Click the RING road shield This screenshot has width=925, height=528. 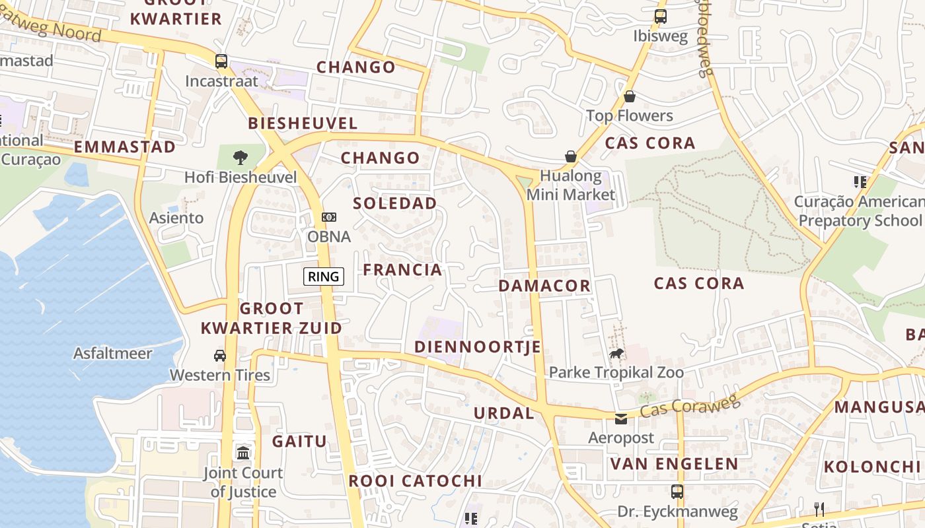click(x=324, y=277)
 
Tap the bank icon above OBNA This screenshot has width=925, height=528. click(x=328, y=217)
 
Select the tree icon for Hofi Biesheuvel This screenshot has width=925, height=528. click(x=240, y=157)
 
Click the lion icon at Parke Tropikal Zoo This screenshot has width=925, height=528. click(x=616, y=354)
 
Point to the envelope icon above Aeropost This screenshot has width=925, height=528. click(x=621, y=418)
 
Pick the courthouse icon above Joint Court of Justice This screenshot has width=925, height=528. click(x=243, y=453)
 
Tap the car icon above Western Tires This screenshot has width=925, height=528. click(x=220, y=356)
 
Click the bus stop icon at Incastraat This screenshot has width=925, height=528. click(x=221, y=61)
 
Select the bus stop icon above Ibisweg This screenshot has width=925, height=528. click(x=660, y=16)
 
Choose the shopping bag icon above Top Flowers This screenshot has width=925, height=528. click(x=630, y=97)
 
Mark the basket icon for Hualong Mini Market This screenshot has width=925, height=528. click(x=570, y=156)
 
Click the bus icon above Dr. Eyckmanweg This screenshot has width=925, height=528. click(x=677, y=492)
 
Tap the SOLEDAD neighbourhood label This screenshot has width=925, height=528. click(x=395, y=203)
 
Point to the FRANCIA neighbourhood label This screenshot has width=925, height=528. click(x=402, y=269)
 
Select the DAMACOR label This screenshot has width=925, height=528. click(x=544, y=286)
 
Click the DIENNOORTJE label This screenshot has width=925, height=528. click(x=478, y=347)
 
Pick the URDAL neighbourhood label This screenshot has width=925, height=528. click(x=503, y=414)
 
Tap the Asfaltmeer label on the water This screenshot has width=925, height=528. click(x=113, y=353)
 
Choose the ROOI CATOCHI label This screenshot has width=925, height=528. click(x=415, y=481)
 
